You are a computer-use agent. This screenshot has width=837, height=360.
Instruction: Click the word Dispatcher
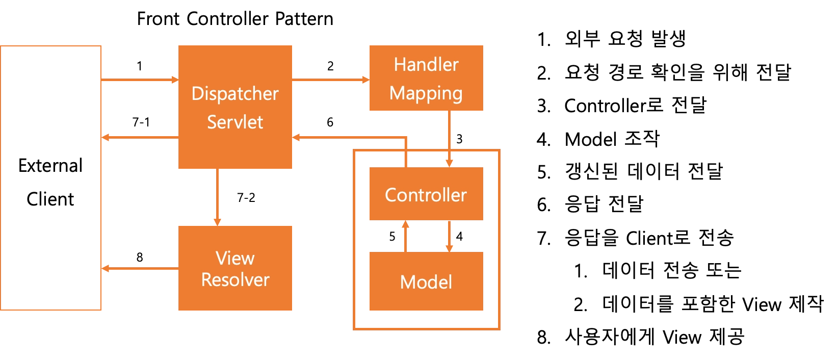tap(235, 94)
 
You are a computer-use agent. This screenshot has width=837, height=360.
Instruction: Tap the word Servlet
tap(235, 122)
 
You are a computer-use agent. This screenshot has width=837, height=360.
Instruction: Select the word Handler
tap(426, 65)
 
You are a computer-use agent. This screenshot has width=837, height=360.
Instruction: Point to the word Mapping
tap(426, 93)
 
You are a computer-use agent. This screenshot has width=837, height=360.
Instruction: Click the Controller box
tap(426, 194)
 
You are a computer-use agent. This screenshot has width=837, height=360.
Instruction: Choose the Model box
tap(426, 281)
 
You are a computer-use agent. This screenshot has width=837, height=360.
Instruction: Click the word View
tap(235, 258)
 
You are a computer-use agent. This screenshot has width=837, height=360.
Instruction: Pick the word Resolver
tap(235, 280)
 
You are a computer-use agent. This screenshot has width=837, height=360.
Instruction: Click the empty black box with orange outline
tap(51, 178)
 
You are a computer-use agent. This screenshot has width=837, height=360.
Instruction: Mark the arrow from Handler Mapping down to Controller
tap(449, 138)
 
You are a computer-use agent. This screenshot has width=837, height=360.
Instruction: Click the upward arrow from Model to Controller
tap(406, 236)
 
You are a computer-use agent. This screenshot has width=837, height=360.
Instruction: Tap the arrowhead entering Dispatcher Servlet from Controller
tap(297, 137)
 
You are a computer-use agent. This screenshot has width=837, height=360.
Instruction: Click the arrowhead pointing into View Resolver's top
tap(218, 221)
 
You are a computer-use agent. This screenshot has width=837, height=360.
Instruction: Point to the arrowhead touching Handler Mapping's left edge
tap(364, 80)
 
